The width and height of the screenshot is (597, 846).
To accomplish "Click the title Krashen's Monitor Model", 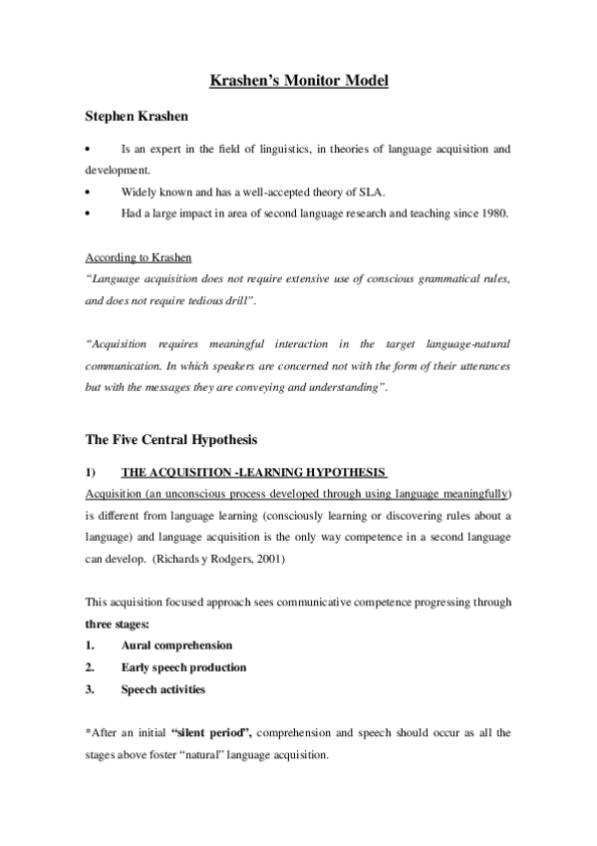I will point(299,80).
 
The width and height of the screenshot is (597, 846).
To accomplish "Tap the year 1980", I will point(492,211).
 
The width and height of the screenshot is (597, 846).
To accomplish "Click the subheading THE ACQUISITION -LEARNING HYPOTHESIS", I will point(252,471).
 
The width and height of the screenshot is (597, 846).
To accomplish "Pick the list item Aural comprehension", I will point(176,645).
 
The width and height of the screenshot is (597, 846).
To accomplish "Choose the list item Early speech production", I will point(183,667).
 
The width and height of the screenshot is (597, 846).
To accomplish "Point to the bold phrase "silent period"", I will point(211,732).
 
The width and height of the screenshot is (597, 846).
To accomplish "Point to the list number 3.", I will point(90,688).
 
